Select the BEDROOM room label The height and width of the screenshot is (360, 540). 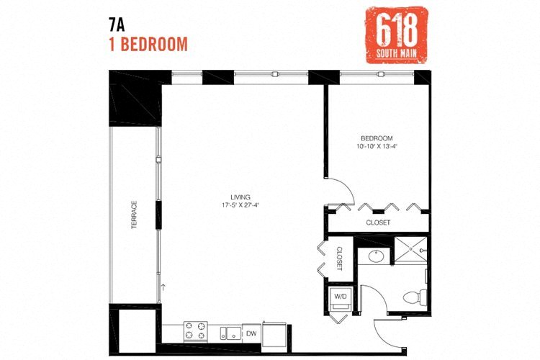click(377, 138)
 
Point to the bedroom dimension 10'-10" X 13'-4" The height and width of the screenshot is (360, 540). click(377, 146)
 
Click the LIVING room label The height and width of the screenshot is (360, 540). click(240, 197)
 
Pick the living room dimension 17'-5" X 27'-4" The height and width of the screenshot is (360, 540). click(240, 205)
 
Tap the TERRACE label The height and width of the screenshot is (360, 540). click(134, 215)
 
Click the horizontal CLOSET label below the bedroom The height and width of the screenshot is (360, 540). click(378, 222)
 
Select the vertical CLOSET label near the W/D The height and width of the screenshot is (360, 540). click(338, 257)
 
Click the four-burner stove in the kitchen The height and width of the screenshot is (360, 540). click(195, 331)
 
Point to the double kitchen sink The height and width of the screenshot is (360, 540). click(228, 332)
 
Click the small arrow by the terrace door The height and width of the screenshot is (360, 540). click(163, 287)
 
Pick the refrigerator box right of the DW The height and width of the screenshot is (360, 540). click(274, 333)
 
